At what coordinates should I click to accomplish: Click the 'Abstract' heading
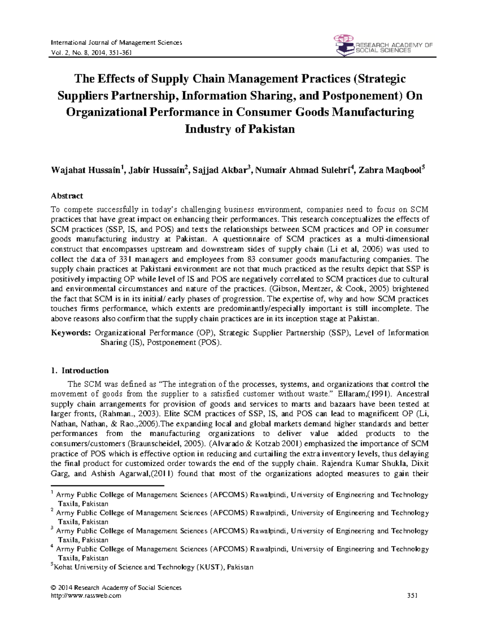point(67,196)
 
